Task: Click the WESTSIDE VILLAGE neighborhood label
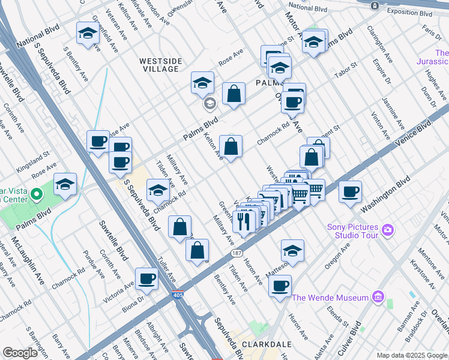[x=159, y=65]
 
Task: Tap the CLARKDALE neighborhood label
[x=267, y=345]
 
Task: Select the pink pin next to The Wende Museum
[x=378, y=297]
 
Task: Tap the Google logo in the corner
[x=20, y=353]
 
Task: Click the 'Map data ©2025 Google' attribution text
[x=412, y=355]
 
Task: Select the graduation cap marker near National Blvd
[x=88, y=35]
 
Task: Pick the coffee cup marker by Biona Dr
[x=147, y=278]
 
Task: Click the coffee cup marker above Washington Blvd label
[x=350, y=192]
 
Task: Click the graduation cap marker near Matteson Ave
[x=292, y=250]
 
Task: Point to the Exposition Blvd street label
[x=410, y=13]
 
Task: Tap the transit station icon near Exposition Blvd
[x=375, y=5]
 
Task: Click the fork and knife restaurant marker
[x=244, y=221]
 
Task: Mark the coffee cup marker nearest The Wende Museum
[x=280, y=286]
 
